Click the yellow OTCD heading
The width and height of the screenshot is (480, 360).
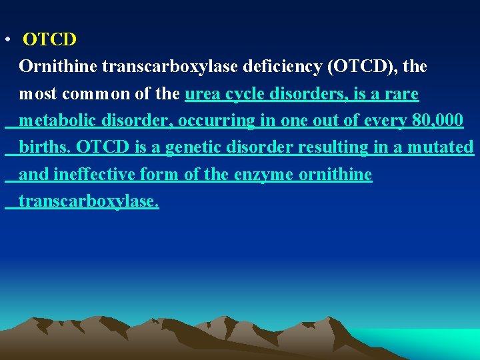(50, 40)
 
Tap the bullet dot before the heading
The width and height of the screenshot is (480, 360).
(5, 40)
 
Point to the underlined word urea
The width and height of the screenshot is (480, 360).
(201, 94)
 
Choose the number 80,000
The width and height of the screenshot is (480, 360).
(437, 121)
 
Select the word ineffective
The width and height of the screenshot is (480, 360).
(94, 175)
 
